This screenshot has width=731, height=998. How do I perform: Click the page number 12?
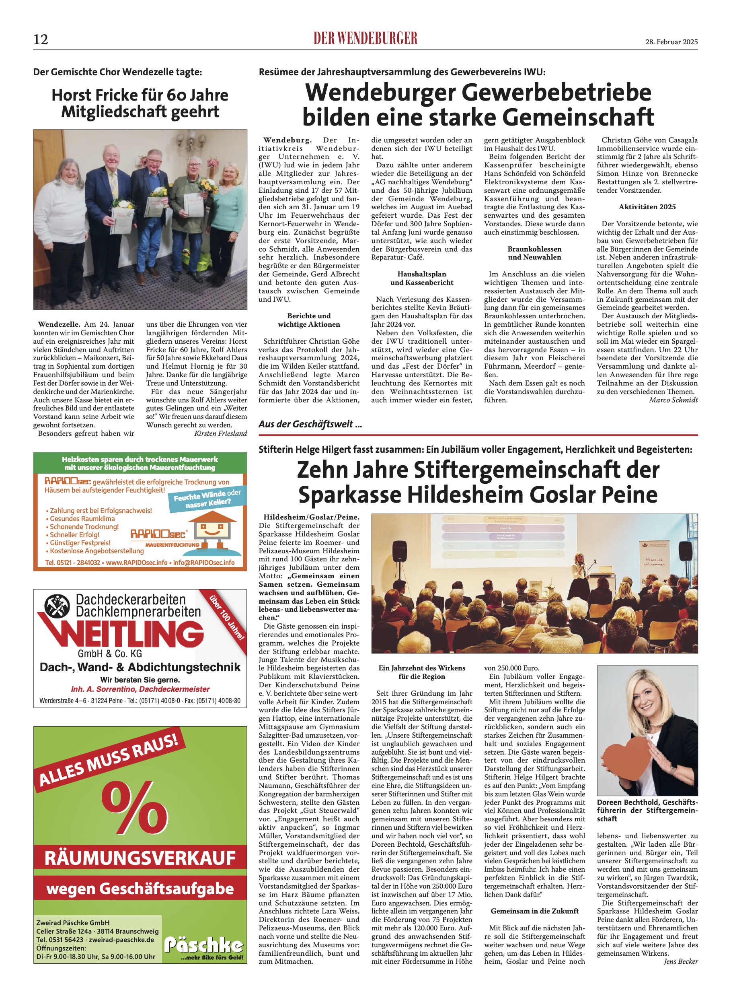point(40,40)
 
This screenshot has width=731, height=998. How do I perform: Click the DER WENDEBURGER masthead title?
point(365,39)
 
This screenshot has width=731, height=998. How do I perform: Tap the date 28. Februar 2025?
point(671,42)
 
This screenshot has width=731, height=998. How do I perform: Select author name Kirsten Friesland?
point(220,433)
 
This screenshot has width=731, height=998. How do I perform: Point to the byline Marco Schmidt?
point(673,400)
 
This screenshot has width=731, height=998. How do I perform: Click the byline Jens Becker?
point(681,961)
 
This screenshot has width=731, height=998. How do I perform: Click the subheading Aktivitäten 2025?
point(647,207)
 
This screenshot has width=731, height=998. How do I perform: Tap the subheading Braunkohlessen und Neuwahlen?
point(534,253)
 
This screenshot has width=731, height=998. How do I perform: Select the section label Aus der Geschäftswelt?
point(310,424)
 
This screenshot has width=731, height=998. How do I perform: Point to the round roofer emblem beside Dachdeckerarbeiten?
point(57,606)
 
